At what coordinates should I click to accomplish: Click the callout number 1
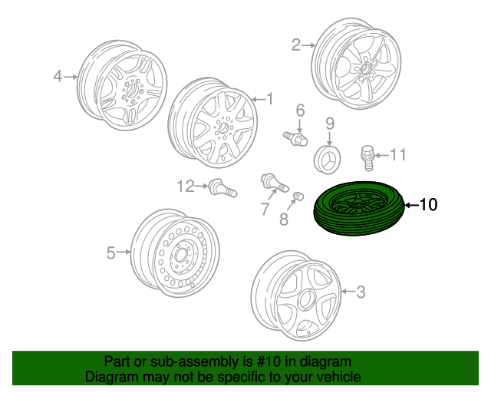[269, 98]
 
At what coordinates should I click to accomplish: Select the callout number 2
[296, 45]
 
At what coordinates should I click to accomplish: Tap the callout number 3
[361, 291]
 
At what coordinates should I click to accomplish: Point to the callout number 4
[58, 76]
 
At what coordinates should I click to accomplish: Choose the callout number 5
[110, 252]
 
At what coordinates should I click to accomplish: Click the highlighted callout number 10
[429, 205]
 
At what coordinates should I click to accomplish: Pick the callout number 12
[185, 185]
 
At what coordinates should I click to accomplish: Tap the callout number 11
[397, 156]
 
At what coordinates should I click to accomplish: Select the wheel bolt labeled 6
[295, 137]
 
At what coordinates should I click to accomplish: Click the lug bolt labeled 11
[368, 157]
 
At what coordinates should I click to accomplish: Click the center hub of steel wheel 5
[181, 254]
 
